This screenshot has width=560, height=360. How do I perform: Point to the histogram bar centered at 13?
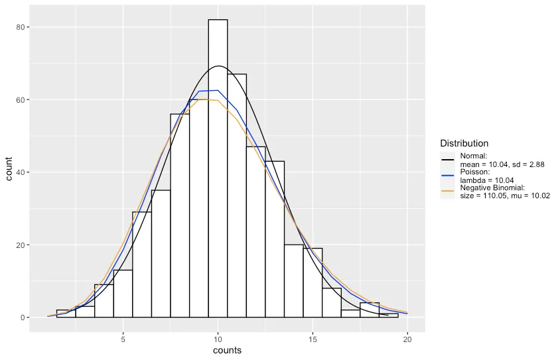[275, 239]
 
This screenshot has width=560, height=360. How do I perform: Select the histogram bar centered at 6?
[142, 265]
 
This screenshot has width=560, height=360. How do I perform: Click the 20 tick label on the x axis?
[407, 339]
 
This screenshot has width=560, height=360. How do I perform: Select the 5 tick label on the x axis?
[123, 339]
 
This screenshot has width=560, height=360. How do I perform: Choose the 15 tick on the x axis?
[313, 339]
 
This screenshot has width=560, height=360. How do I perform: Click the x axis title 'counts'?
[227, 351]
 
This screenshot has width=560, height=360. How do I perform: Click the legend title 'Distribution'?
[464, 143]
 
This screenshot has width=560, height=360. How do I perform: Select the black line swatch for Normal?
[447, 160]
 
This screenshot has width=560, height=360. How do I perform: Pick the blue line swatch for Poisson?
[447, 176]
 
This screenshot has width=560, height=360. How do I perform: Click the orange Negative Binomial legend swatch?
[447, 192]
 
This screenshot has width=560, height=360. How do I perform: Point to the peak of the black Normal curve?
[219, 66]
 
